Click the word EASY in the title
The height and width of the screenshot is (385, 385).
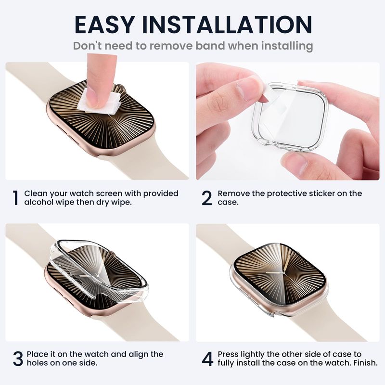click(105, 25)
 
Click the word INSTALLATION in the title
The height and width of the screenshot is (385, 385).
click(227, 25)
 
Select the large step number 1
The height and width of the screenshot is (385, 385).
click(15, 198)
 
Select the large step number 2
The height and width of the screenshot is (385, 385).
click(206, 198)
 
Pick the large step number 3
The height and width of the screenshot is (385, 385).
click(18, 359)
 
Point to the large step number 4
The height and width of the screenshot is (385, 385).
click(207, 359)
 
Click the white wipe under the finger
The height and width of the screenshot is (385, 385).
click(100, 103)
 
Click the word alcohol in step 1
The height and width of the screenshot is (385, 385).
click(38, 202)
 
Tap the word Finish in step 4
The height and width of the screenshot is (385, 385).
click(365, 363)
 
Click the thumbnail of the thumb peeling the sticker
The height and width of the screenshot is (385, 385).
click(247, 89)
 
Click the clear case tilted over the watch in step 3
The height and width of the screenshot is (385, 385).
click(98, 270)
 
